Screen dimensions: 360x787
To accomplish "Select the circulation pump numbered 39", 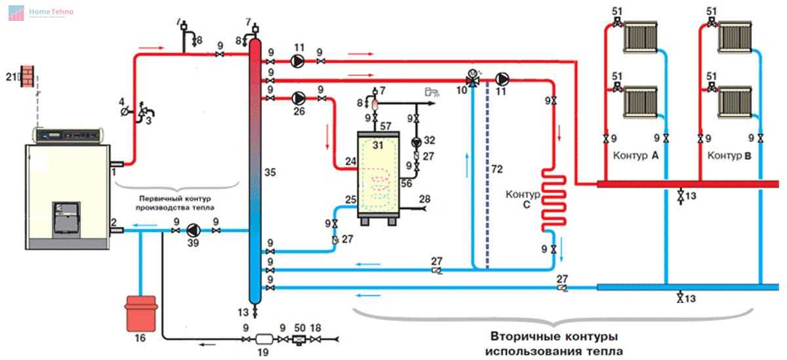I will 195,230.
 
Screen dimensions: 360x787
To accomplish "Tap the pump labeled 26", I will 298,98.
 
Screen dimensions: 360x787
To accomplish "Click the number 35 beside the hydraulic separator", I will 269,173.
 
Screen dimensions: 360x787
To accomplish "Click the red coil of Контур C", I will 552,200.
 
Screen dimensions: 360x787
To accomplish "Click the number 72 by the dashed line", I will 498,170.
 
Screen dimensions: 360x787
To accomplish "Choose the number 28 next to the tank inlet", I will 424,199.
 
